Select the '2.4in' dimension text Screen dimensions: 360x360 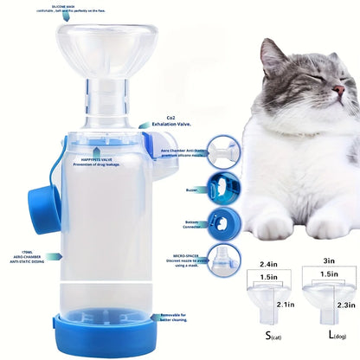pyautogui.click(x=268, y=262)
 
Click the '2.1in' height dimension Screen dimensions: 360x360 pyautogui.click(x=283, y=303)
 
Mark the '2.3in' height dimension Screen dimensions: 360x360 pyautogui.click(x=344, y=305)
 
